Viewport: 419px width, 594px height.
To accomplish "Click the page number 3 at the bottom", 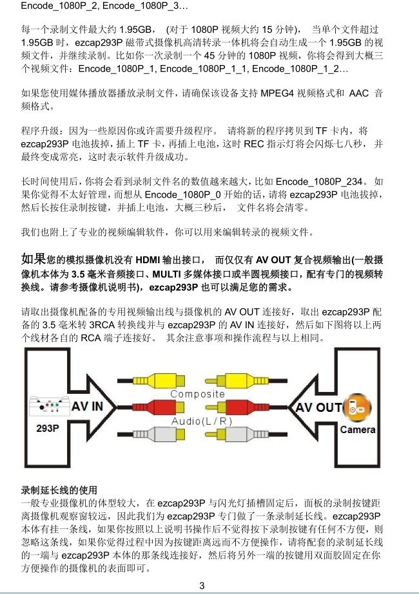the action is coord(202,585).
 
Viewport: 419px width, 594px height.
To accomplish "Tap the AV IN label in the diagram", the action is coord(87,407).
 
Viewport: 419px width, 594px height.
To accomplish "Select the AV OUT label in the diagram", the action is coord(318,407).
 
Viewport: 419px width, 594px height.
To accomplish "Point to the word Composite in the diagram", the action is coord(197,394).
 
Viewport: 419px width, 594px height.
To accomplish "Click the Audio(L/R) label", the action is coord(202,421).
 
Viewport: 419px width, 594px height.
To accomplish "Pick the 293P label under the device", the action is coord(48,429).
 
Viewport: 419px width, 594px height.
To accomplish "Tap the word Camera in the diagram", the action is coord(358,430).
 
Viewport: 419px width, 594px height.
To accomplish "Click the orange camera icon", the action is coord(356,409).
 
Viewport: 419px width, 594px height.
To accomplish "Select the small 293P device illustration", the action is coord(50,407).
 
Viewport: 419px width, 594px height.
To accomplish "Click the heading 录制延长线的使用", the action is coord(59,490).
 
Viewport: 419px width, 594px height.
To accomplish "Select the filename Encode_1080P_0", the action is coord(182,195).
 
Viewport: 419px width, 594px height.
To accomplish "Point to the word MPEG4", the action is coord(277,93).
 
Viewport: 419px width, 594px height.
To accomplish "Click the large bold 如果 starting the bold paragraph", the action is coord(34,259).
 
